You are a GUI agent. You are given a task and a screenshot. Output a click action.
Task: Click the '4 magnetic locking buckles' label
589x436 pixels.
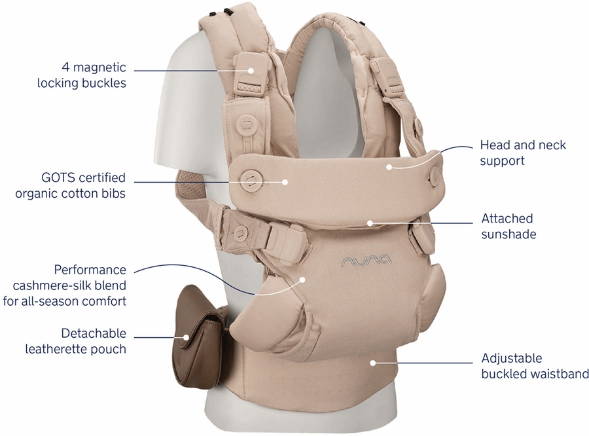coord(82,75)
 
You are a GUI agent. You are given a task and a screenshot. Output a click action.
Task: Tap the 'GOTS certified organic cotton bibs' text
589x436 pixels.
coord(70,185)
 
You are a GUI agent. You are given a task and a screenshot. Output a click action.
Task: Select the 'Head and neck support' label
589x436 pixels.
coord(523,153)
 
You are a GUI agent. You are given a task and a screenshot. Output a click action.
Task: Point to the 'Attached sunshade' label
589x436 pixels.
coord(509,227)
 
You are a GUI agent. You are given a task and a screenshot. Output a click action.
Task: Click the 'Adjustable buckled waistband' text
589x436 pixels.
coord(535,366)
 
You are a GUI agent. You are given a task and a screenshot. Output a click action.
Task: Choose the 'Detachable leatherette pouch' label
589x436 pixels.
coord(75,341)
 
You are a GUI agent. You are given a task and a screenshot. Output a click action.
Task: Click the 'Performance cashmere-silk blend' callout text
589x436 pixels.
coord(65,285)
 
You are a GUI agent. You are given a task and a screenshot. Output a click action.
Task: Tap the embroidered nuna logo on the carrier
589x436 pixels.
coord(366,261)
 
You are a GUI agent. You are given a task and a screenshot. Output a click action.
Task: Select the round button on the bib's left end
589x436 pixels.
coord(251,179)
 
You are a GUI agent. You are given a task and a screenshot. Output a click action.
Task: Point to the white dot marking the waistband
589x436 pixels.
coord(372,363)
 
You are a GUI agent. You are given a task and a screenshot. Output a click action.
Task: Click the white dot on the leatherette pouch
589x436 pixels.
coord(186,337)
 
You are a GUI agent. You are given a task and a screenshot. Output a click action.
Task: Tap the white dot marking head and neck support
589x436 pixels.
coord(389,166)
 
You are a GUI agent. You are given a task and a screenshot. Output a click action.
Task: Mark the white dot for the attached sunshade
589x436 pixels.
coord(370,223)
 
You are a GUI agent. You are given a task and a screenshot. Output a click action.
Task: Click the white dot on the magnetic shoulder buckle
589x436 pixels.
coord(251,70)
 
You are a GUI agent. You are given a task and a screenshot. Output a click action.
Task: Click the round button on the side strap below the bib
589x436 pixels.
coord(240,232)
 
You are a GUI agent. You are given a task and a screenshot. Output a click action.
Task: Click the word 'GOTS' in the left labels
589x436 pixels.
coord(58,177)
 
